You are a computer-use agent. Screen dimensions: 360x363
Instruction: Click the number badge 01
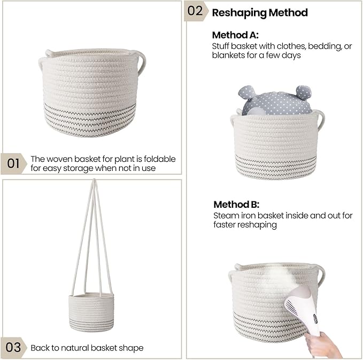click(x=14, y=163)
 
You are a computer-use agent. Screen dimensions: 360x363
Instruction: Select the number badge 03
click(x=14, y=347)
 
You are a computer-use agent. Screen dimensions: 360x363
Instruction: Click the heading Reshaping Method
click(x=260, y=12)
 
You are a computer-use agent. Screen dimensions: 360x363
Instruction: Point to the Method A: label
click(x=235, y=35)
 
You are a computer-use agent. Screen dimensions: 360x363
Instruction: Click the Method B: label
click(x=236, y=205)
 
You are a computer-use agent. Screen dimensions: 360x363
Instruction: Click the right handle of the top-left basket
click(x=142, y=62)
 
